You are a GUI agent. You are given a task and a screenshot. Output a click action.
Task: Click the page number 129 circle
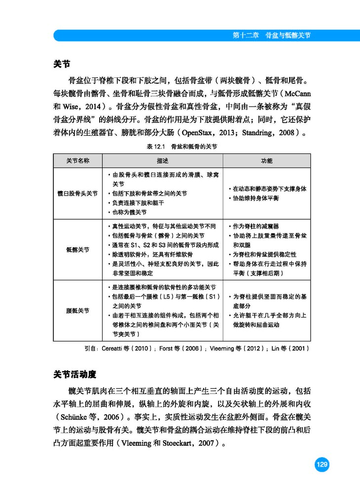[322, 465]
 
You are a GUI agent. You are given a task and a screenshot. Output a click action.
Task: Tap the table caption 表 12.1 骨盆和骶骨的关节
[181, 147]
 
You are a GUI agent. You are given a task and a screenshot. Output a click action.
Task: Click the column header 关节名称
[78, 161]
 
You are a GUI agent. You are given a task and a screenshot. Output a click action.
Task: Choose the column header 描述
[163, 161]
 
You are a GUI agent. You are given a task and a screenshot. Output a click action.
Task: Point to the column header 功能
[266, 161]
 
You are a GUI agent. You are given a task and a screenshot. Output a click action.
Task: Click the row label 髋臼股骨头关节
[78, 194]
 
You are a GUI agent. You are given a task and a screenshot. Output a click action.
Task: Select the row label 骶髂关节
[78, 250]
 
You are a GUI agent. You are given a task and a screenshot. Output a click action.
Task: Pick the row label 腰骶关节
[78, 310]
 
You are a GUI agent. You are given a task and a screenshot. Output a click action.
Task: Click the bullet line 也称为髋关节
[129, 212]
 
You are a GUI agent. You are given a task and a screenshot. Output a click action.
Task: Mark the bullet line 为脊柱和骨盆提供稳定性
[264, 254]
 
